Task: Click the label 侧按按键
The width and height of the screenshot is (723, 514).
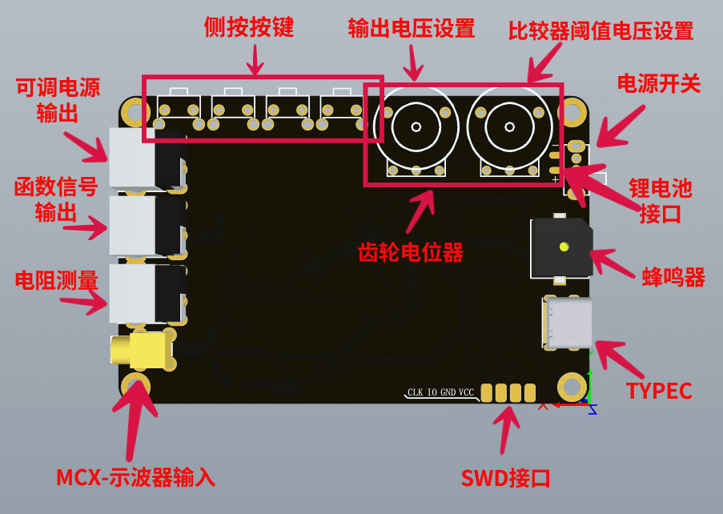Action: click(x=249, y=27)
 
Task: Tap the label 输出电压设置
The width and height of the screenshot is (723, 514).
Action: click(x=412, y=29)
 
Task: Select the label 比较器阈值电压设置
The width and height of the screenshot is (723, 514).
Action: click(x=600, y=31)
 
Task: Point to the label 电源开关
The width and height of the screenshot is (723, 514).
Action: click(x=659, y=84)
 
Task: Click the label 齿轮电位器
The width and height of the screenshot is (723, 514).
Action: click(x=411, y=252)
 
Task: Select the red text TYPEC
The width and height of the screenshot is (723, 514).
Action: click(x=659, y=391)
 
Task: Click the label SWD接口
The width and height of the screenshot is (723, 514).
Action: click(x=505, y=478)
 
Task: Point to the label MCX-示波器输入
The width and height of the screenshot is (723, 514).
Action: click(x=135, y=477)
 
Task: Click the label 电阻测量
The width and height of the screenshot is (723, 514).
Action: click(x=57, y=280)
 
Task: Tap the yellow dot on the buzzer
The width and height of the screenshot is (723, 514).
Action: click(x=564, y=247)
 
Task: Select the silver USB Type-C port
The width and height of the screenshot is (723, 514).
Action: click(x=567, y=323)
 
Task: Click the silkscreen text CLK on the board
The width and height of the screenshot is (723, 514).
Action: click(x=415, y=392)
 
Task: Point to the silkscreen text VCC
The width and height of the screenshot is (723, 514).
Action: click(x=466, y=392)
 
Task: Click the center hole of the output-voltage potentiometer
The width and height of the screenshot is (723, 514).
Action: click(x=416, y=126)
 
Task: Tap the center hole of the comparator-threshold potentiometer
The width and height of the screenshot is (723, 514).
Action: click(x=509, y=126)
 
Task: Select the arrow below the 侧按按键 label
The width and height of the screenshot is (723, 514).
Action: click(x=255, y=59)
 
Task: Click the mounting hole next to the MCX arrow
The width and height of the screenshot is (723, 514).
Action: click(x=135, y=384)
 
